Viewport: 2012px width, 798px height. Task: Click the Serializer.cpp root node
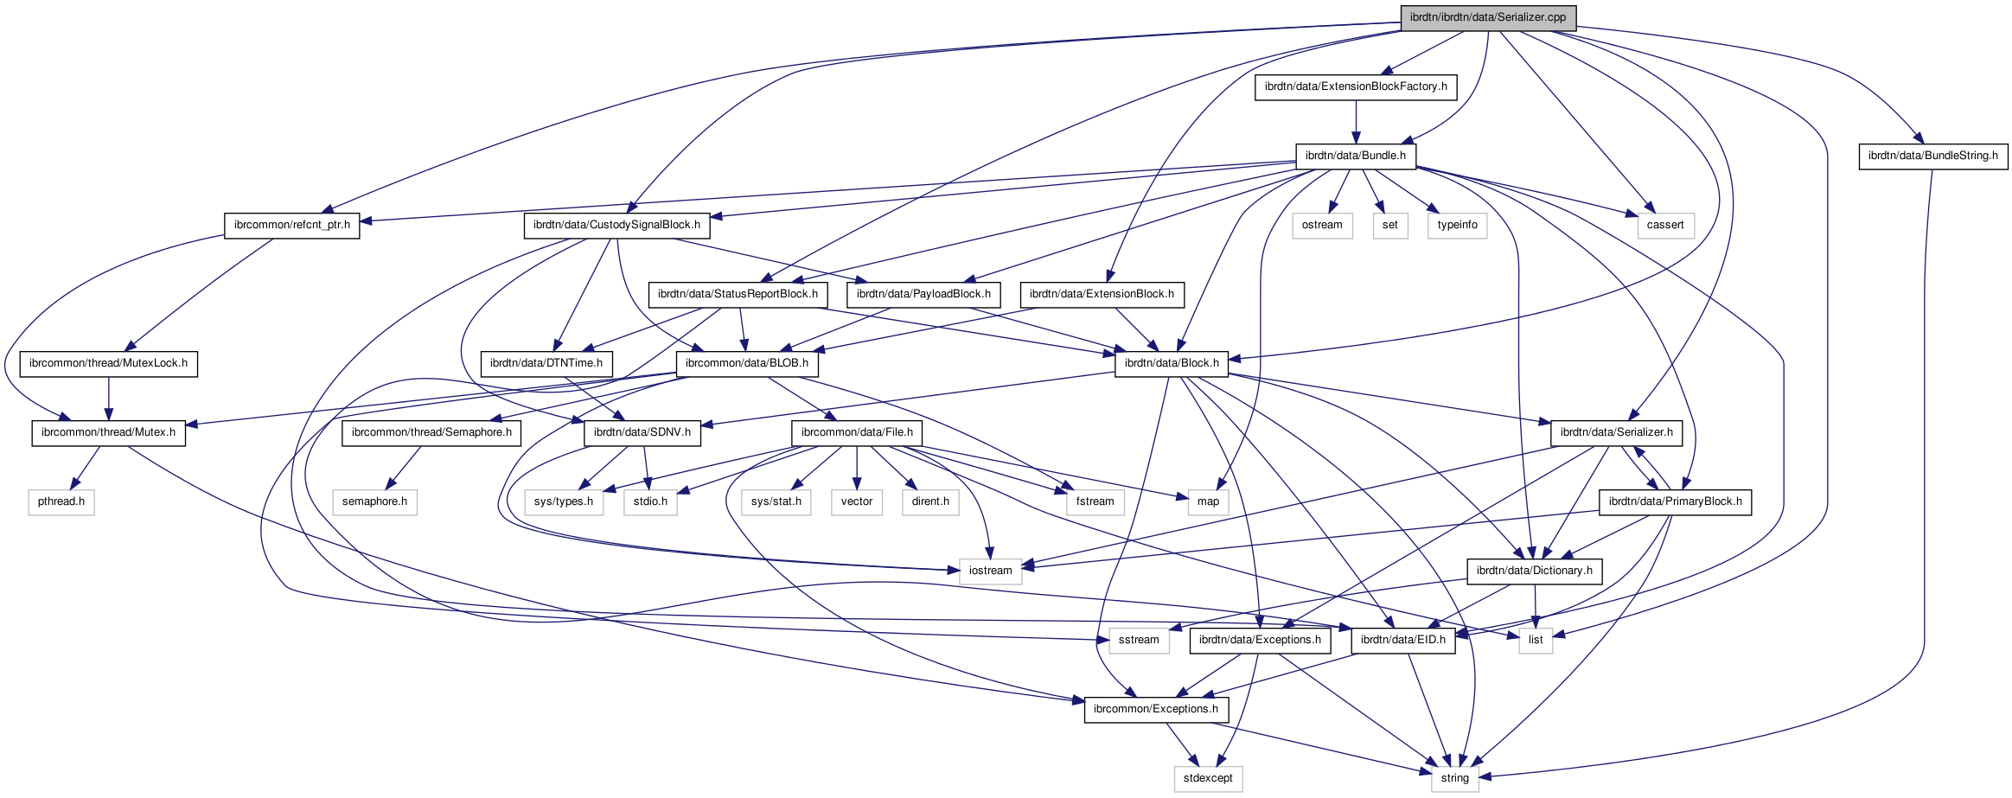click(x=1487, y=17)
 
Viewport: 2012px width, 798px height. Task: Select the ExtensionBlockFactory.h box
click(x=1355, y=86)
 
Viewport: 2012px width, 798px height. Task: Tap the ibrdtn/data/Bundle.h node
click(x=1355, y=156)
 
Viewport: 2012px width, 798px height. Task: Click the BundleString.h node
click(x=1932, y=156)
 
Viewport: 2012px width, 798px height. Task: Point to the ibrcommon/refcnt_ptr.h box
click(x=291, y=225)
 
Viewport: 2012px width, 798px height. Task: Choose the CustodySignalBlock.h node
click(x=616, y=225)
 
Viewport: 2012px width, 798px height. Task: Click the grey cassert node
click(x=1664, y=225)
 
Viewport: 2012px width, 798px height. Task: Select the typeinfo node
click(x=1457, y=225)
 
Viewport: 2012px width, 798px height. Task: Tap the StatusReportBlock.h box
click(x=738, y=294)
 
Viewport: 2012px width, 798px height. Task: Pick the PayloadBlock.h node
click(x=923, y=294)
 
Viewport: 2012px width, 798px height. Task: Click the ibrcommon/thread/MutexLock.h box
click(x=108, y=363)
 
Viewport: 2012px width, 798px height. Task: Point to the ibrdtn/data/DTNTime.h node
click(x=546, y=363)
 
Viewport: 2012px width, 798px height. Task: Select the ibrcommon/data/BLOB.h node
click(x=746, y=363)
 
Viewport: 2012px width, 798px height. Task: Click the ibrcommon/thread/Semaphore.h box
click(x=431, y=432)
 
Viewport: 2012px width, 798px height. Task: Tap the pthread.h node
click(x=61, y=501)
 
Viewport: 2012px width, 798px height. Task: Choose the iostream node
click(x=990, y=571)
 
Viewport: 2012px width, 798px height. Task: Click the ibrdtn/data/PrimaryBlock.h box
click(x=1675, y=501)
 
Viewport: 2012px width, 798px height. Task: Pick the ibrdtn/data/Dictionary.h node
click(x=1534, y=571)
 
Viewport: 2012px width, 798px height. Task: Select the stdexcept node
click(x=1208, y=778)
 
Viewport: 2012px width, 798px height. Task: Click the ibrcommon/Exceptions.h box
click(x=1155, y=709)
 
